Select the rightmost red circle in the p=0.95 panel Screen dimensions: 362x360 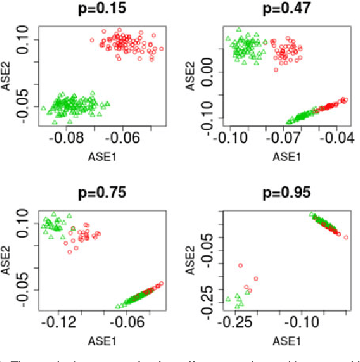(345, 237)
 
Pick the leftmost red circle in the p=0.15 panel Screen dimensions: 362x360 (92, 40)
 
